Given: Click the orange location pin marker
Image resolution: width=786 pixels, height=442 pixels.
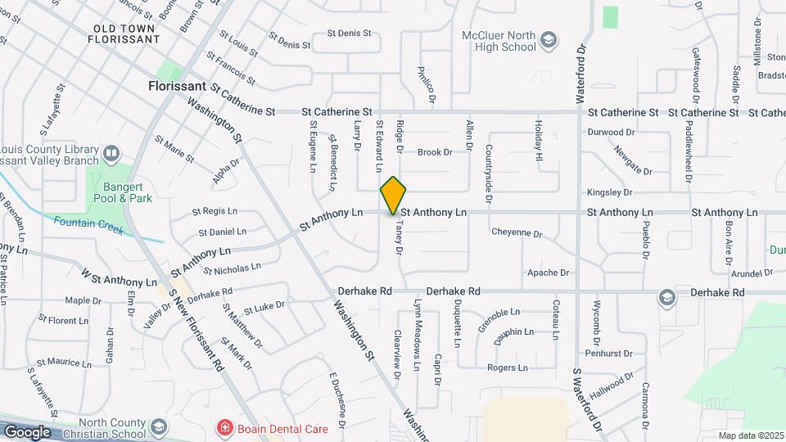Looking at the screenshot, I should (393, 195).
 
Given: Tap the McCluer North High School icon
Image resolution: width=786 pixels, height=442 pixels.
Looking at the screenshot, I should (549, 40).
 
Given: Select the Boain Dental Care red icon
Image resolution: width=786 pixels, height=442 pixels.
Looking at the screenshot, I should (223, 428).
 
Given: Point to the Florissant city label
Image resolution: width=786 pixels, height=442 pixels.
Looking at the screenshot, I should (177, 85).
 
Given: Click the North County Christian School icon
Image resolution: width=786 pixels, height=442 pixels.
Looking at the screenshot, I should (158, 427).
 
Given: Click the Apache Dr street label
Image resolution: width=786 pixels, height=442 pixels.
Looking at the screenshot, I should (548, 273).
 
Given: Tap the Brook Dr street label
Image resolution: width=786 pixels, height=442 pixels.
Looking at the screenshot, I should (435, 152).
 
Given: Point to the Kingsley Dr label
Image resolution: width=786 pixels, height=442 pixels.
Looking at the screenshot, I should (610, 192).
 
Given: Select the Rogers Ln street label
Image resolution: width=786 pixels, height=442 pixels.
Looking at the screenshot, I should (507, 368).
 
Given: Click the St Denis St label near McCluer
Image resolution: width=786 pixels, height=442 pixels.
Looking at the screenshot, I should (350, 34).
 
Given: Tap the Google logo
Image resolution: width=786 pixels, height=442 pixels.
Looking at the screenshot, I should (26, 432).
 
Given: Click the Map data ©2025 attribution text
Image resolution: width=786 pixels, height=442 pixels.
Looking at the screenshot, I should (751, 435).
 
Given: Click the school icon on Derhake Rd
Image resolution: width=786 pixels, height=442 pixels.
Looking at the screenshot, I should (667, 296).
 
